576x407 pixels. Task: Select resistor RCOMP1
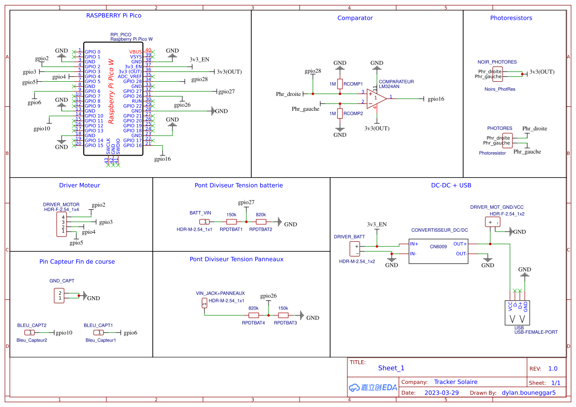[x=339, y=84]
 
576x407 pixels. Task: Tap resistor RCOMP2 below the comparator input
[x=339, y=114]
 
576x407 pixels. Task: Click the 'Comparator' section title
[x=355, y=18]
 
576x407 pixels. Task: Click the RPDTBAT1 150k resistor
[x=231, y=222]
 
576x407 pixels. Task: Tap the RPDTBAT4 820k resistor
[x=254, y=315]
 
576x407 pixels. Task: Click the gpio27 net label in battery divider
[x=246, y=202]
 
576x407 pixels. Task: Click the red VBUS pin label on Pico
[x=136, y=52]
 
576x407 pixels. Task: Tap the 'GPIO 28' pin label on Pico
[x=133, y=81]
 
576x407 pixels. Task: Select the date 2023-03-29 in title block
[x=441, y=393]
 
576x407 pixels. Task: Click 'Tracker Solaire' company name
[x=455, y=382]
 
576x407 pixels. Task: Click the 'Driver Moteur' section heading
[x=79, y=185]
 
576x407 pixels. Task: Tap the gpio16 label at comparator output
[x=436, y=99]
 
